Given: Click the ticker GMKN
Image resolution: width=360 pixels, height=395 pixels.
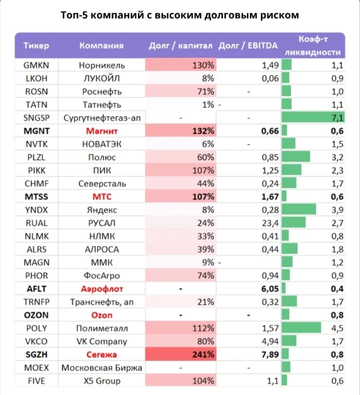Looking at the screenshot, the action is pyautogui.click(x=36, y=65).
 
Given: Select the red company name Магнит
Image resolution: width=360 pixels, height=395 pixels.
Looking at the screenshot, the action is pyautogui.click(x=102, y=131).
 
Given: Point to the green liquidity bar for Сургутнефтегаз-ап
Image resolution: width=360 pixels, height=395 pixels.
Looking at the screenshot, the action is pyautogui.click(x=313, y=117).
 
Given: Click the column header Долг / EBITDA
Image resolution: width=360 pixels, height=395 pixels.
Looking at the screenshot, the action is pyautogui.click(x=248, y=45).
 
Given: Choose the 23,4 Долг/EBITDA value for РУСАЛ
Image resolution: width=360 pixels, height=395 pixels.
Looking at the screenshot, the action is pyautogui.click(x=270, y=223).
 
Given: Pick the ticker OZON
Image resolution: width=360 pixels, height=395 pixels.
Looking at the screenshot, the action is pyautogui.click(x=36, y=315).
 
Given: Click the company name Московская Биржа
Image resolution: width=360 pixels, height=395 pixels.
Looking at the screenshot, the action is pyautogui.click(x=102, y=368).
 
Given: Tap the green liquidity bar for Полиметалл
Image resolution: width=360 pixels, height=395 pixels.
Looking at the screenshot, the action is pyautogui.click(x=301, y=328).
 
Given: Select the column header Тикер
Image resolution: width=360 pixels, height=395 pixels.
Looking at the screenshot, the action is pyautogui.click(x=36, y=45).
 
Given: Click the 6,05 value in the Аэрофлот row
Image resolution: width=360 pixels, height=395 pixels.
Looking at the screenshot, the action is pyautogui.click(x=270, y=288).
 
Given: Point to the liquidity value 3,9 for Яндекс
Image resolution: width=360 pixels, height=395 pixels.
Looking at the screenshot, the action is pyautogui.click(x=337, y=210).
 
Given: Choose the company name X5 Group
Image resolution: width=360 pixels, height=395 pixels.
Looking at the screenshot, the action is pyautogui.click(x=102, y=381).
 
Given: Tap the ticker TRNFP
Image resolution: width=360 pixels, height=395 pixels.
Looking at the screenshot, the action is pyautogui.click(x=36, y=302).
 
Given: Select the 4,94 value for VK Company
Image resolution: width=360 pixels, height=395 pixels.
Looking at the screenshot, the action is pyautogui.click(x=270, y=341).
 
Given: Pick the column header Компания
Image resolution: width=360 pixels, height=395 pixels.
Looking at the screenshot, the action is pyautogui.click(x=101, y=45).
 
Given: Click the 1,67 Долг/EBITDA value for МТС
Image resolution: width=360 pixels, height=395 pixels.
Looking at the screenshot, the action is pyautogui.click(x=270, y=196).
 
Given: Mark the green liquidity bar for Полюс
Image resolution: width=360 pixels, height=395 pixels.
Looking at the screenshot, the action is pyautogui.click(x=296, y=157).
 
